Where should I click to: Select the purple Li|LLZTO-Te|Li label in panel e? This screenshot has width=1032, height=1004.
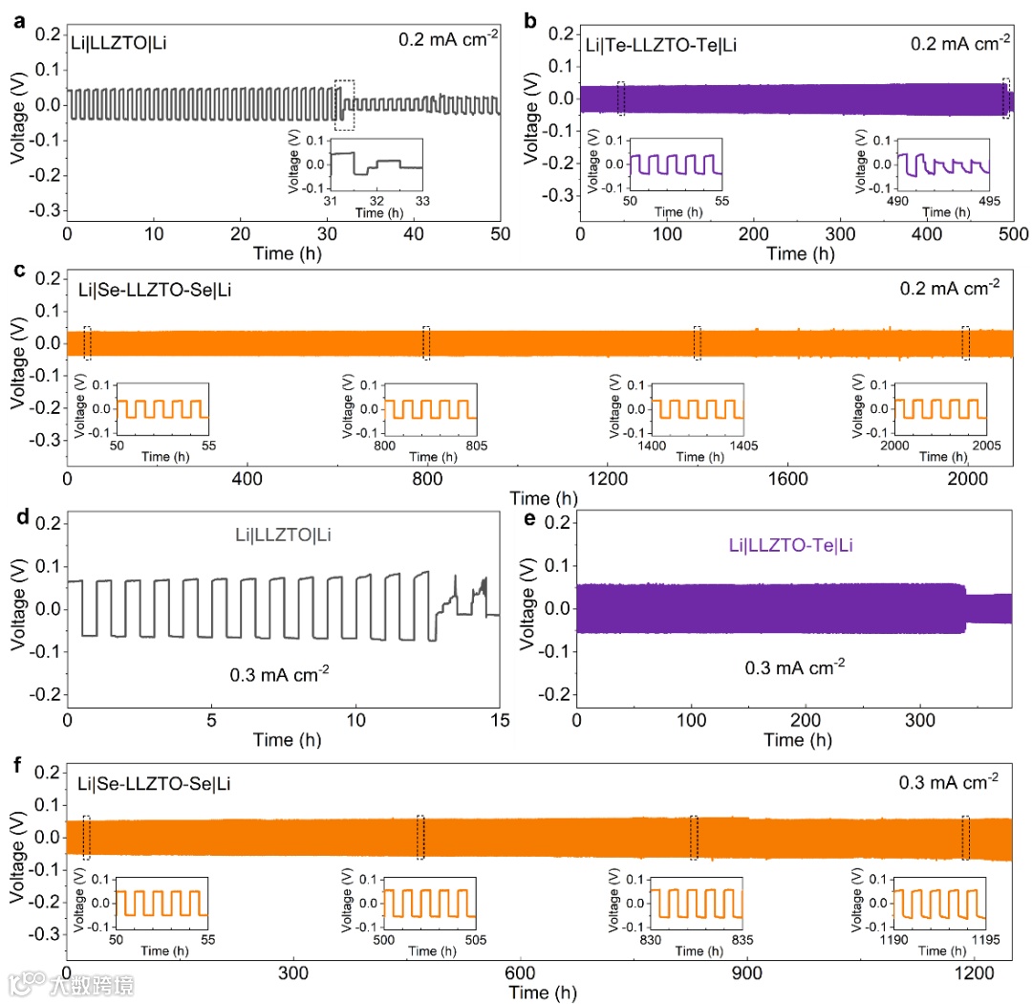click(790, 546)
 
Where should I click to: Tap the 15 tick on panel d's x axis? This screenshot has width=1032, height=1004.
click(500, 717)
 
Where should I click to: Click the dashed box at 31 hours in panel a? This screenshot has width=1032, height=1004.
click(344, 104)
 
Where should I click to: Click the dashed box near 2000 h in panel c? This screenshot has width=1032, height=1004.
click(965, 343)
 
